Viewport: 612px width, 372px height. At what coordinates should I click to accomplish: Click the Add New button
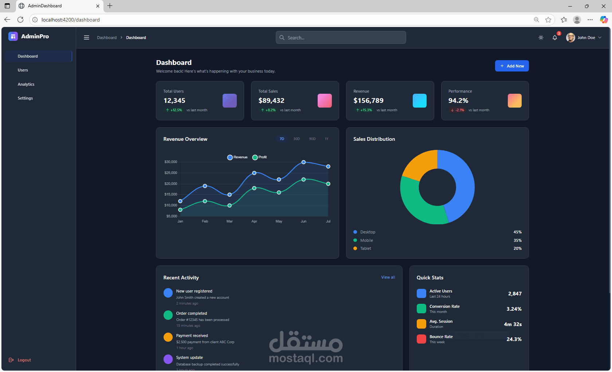(511, 66)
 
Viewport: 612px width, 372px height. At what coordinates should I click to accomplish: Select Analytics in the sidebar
(26, 84)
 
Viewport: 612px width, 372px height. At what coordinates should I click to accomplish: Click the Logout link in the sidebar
(24, 360)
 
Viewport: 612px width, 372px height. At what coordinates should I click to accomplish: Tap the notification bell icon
(554, 38)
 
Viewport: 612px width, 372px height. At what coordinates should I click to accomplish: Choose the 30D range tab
(297, 139)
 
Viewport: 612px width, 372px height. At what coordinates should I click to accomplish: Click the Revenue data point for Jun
(303, 162)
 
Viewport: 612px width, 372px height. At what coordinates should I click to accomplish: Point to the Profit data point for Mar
(229, 206)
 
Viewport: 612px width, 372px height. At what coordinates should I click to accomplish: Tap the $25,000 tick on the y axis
(170, 173)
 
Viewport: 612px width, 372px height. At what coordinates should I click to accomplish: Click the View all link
(388, 278)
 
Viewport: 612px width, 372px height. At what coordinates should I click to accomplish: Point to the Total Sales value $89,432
(271, 101)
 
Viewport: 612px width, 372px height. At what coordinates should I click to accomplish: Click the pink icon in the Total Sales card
(325, 101)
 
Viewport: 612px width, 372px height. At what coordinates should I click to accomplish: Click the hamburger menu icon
(86, 38)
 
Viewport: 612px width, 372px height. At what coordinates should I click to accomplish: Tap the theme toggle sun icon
(541, 38)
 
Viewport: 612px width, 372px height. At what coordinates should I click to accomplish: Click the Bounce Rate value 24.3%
(514, 339)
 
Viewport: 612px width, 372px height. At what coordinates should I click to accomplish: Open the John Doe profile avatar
(570, 38)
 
